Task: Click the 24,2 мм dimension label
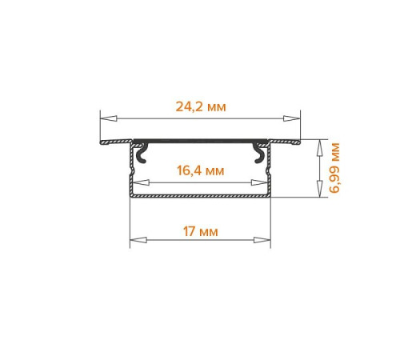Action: [201, 106]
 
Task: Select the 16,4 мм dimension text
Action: [201, 170]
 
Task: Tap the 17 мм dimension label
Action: [200, 231]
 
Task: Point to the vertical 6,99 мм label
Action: [334, 168]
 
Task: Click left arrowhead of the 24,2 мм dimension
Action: [109, 118]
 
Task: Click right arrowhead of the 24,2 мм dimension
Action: [292, 118]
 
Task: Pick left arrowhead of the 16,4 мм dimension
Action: [141, 183]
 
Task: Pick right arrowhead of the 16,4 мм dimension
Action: [260, 183]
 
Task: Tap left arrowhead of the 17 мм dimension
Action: [138, 240]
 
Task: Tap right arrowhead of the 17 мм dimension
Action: [262, 240]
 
